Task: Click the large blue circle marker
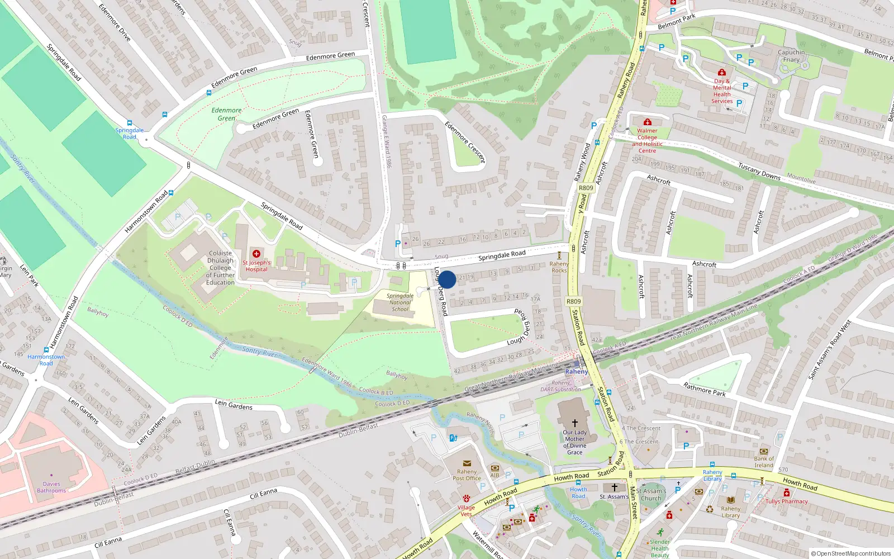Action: [446, 279]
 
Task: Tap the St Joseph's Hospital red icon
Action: [256, 254]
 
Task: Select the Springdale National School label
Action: [400, 302]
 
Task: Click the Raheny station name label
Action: [576, 372]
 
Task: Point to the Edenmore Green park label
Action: [226, 114]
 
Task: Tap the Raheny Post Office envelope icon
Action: [467, 463]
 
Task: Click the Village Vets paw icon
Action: [466, 499]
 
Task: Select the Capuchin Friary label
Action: [791, 56]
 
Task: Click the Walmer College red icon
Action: [647, 122]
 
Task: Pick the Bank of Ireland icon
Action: [764, 451]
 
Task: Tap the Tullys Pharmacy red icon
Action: [787, 493]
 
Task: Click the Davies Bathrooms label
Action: [51, 487]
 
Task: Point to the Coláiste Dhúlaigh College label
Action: [220, 268]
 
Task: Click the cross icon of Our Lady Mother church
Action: [574, 423]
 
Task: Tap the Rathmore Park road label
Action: [705, 390]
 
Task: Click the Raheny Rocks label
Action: [559, 267]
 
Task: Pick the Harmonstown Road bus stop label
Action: [46, 360]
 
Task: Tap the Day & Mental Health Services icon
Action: [721, 72]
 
